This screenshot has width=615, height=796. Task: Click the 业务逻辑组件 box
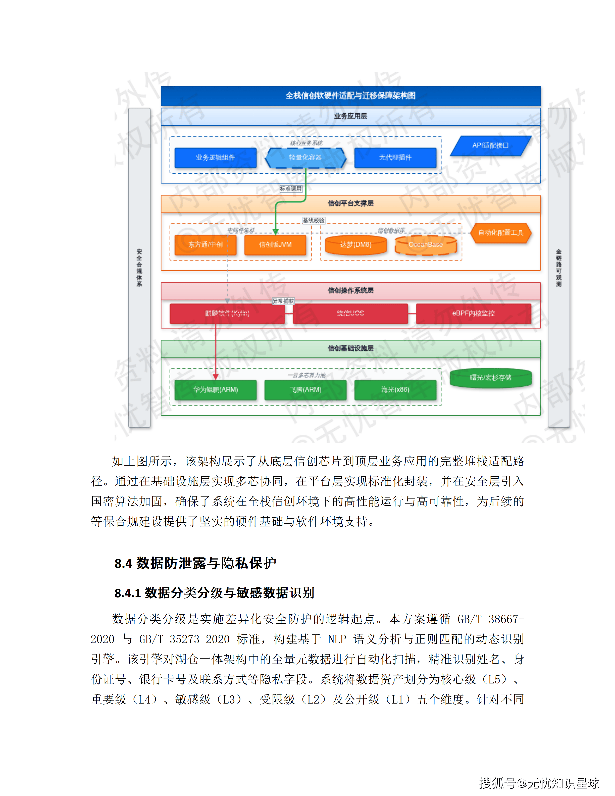pos(215,158)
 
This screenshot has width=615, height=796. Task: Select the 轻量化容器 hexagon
pos(305,158)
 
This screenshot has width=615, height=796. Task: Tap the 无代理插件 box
pos(395,158)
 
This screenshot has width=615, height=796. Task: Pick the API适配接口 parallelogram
pos(490,145)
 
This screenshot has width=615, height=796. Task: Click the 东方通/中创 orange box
pos(206,244)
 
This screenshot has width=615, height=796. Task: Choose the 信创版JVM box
pos(275,244)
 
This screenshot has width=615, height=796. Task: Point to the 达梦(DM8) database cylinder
pos(355,244)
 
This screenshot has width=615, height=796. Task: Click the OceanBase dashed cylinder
pos(426,244)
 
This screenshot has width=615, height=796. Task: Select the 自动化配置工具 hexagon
pos(501,232)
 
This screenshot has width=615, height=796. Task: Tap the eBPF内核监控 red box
pos(473,313)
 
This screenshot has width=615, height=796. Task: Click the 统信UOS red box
pos(350,313)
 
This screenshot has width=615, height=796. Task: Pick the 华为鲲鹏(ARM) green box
pos(215,390)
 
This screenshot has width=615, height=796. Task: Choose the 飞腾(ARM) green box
pos(305,390)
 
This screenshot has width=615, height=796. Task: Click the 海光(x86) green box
pos(395,390)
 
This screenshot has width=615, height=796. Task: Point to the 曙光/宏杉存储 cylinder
pos(490,378)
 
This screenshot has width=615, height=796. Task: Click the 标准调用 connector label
pos(291,189)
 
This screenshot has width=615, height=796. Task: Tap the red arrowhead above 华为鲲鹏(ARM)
pos(216,376)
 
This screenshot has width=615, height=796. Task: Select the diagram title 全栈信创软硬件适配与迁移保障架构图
pos(350,96)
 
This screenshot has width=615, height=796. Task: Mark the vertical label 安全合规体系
pos(139,268)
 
